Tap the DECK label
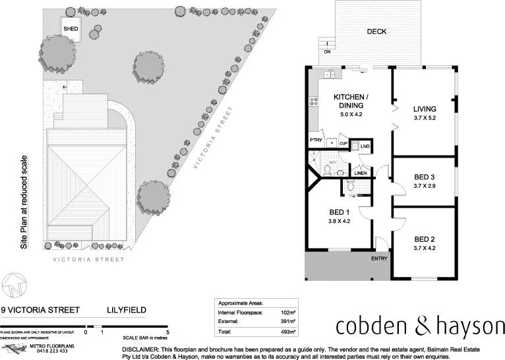[376, 32]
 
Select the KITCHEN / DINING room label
[351, 102]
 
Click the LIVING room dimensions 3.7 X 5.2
[425, 118]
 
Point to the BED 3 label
[425, 177]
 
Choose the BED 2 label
[425, 239]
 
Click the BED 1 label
[339, 212]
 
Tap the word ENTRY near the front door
[379, 258]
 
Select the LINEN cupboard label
[361, 173]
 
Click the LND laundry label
[365, 146]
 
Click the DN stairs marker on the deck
[326, 51]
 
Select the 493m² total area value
[288, 332]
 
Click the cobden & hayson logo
[419, 326]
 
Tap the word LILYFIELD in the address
[127, 310]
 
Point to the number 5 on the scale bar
[168, 332]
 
